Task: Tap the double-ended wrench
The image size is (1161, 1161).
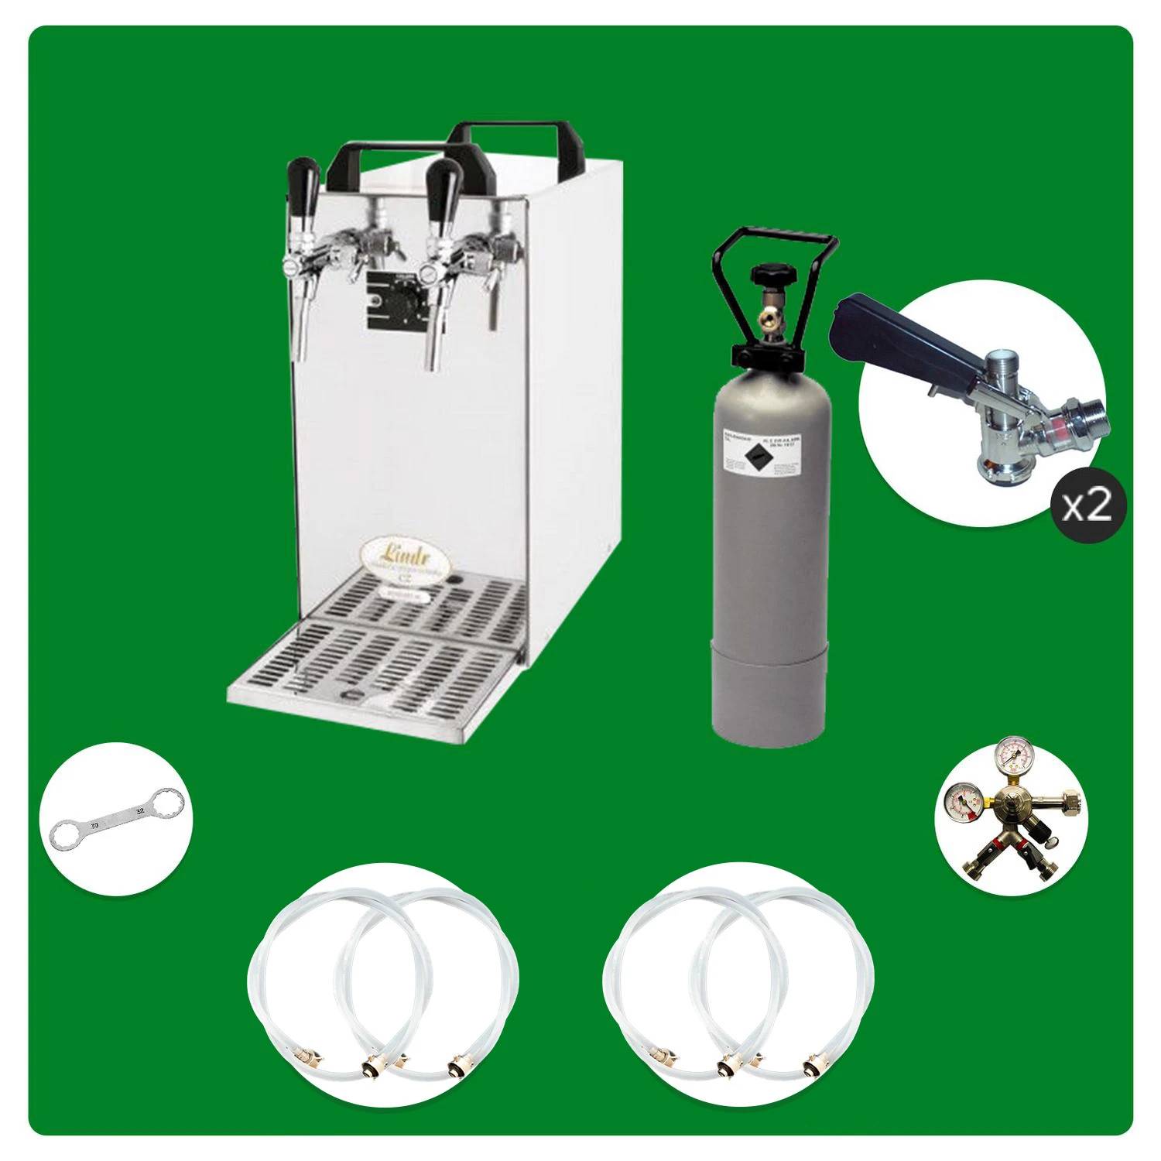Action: tap(117, 820)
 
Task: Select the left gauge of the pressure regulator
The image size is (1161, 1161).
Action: tap(958, 803)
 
